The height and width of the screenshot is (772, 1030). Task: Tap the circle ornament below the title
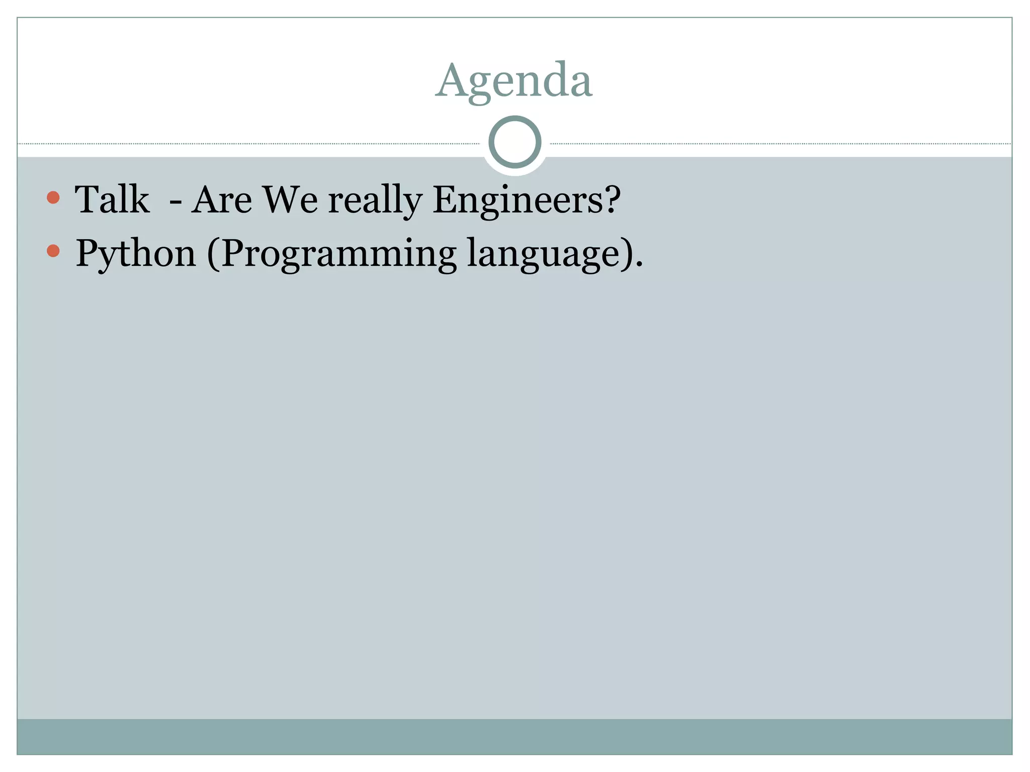[x=514, y=142]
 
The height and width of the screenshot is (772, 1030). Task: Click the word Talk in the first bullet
[x=112, y=200]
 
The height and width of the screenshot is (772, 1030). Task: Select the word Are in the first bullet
[x=221, y=200]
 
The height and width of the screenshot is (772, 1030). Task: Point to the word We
[x=291, y=200]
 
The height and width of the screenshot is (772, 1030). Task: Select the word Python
[x=135, y=254]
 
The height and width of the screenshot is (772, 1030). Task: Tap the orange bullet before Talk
[x=53, y=197]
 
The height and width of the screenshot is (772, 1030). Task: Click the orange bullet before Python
[x=53, y=250]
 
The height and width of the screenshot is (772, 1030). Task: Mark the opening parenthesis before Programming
[x=213, y=254]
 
